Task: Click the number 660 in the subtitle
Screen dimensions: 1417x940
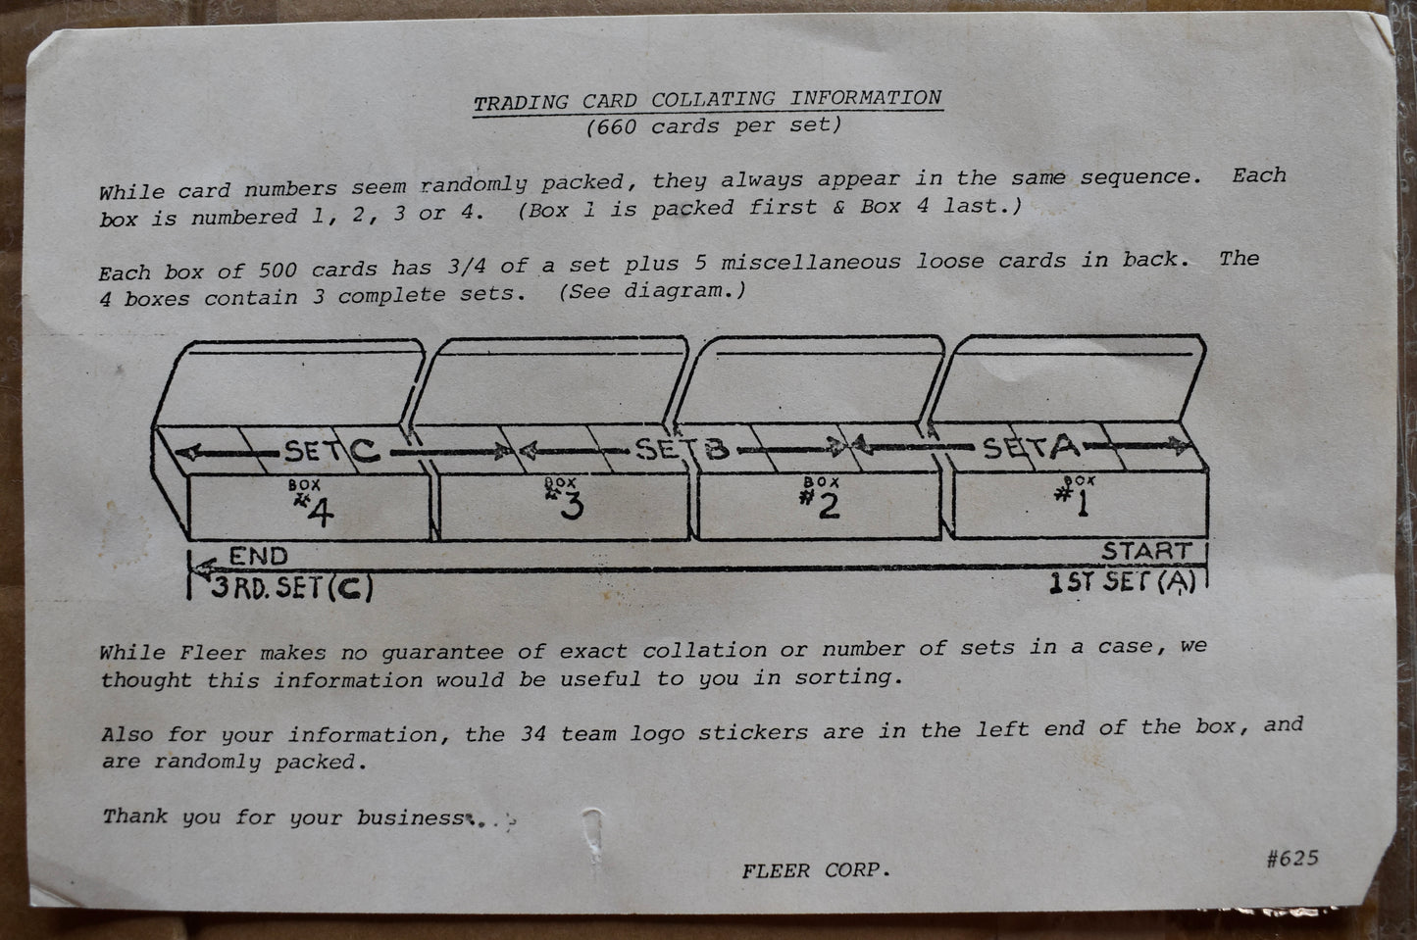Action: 616,126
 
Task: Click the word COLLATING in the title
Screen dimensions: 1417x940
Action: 713,99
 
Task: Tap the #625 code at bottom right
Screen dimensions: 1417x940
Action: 1292,858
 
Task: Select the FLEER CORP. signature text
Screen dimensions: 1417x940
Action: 816,870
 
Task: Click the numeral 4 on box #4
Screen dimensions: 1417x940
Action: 320,512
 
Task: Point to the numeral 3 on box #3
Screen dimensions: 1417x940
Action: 572,506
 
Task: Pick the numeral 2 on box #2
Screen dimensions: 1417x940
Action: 829,505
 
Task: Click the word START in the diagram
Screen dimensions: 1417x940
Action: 1147,551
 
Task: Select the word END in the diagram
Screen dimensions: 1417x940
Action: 258,556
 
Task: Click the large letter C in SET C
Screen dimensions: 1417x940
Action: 365,450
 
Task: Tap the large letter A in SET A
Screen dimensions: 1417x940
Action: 1065,446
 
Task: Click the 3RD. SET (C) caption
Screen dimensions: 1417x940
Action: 291,587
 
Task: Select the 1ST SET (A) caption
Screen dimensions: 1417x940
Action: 1122,582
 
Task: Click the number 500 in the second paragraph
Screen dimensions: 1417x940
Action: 278,270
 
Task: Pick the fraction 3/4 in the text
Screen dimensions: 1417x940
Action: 467,267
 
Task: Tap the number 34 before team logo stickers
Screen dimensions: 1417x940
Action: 533,733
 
